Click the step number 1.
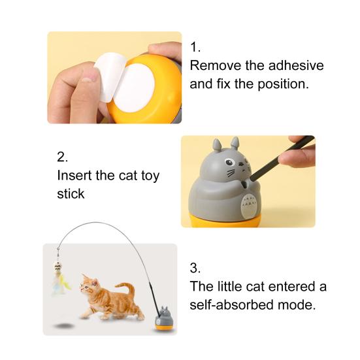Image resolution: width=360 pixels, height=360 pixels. [195, 48]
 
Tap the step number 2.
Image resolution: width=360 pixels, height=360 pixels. [62, 157]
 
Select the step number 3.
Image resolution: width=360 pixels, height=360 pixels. [195, 268]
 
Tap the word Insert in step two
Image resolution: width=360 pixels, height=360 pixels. [74, 176]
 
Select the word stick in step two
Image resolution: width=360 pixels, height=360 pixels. [71, 194]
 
